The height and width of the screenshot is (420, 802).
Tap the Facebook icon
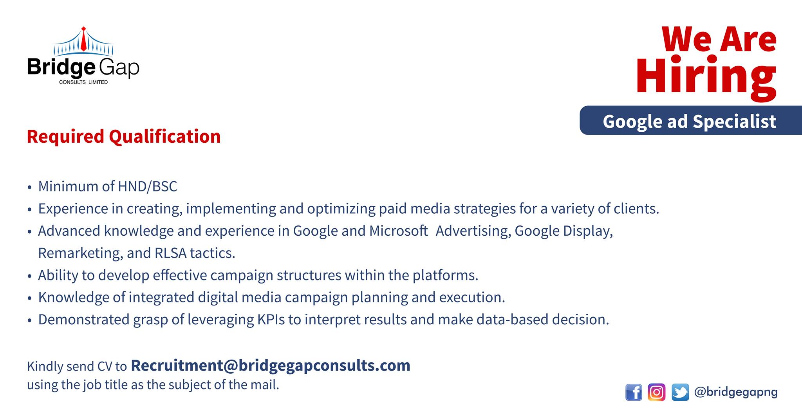point(634,392)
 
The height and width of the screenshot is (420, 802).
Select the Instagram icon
point(657,392)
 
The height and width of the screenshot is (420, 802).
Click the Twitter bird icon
point(680,392)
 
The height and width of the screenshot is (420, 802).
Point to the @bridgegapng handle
point(736,392)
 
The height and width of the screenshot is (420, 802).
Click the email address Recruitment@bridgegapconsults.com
point(271,365)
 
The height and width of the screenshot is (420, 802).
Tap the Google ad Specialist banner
point(691,120)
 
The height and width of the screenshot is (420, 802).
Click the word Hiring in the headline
point(706,77)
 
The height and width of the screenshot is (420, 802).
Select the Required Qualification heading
point(124,137)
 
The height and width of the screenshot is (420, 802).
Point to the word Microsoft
point(398,231)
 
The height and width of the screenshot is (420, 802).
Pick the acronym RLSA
point(171,253)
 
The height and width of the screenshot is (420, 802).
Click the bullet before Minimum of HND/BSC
point(29,187)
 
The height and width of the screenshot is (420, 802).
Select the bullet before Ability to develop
point(29,276)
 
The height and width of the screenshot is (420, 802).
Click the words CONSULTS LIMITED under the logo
point(83,82)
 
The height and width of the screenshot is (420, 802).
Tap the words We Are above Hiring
point(719,39)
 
